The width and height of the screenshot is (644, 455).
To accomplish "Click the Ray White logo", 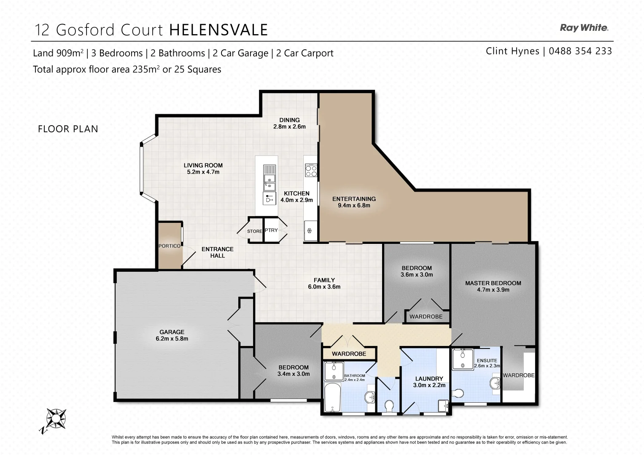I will [584, 28].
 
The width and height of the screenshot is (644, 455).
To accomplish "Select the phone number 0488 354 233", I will [581, 51].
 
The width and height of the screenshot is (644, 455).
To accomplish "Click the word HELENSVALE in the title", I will [218, 30].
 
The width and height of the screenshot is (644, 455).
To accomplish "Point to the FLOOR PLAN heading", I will [68, 129].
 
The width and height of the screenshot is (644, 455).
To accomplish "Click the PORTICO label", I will [170, 246].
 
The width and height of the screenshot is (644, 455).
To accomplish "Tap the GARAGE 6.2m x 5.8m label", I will [172, 335].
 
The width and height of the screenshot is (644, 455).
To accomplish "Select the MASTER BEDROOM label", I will [493, 286].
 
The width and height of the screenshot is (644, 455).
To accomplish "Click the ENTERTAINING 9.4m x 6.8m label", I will [354, 202].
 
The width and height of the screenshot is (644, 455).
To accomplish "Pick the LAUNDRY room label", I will [429, 382].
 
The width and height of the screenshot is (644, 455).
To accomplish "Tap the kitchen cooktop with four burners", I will [311, 171].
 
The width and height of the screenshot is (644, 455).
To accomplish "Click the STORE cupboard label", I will [254, 231].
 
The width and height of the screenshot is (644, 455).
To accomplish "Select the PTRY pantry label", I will [272, 230].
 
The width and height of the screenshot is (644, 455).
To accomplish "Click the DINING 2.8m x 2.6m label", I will [289, 123].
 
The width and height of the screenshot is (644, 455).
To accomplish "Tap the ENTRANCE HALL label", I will [217, 252].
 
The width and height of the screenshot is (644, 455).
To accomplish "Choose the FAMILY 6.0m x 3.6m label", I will [324, 283].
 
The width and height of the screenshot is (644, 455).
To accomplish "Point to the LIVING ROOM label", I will [203, 169].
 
